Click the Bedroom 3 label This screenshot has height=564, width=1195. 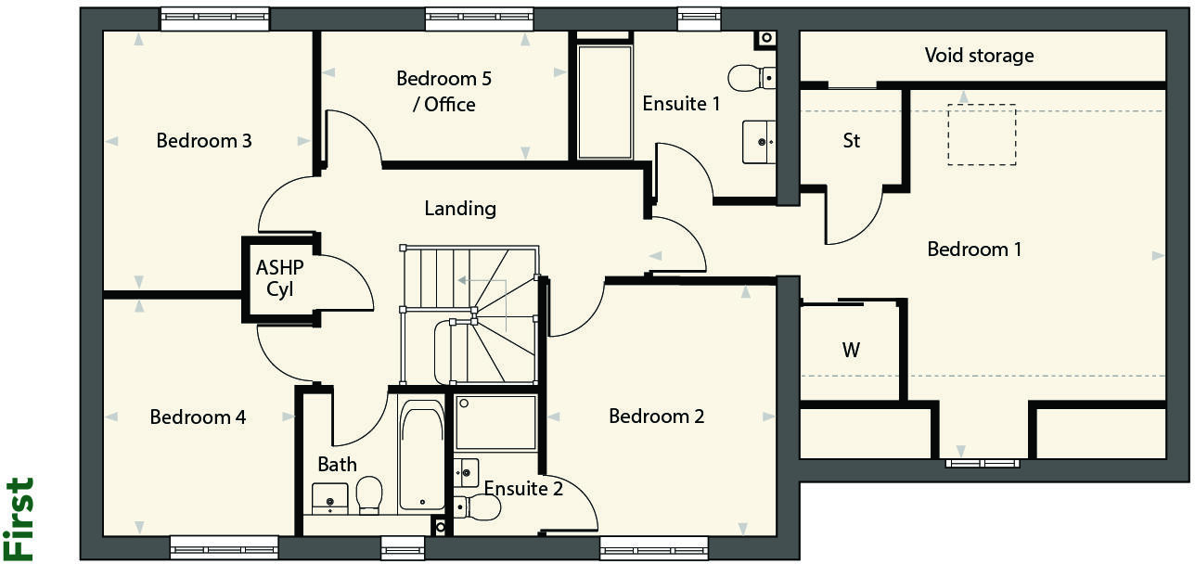[204, 141]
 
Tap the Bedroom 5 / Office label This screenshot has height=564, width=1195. [443, 91]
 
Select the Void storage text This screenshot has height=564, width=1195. [979, 56]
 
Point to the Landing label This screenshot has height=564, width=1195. [460, 209]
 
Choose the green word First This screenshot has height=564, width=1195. [19, 519]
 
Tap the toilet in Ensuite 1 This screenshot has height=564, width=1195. [751, 78]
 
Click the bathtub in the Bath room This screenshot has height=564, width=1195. [422, 455]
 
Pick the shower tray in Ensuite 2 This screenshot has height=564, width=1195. [495, 423]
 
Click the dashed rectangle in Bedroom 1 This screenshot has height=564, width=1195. [982, 135]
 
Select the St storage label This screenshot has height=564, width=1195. [851, 141]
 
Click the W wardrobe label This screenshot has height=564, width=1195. [851, 351]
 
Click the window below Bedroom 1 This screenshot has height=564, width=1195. [983, 462]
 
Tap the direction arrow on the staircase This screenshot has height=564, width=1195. [480, 279]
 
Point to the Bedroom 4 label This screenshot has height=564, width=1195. [198, 417]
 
